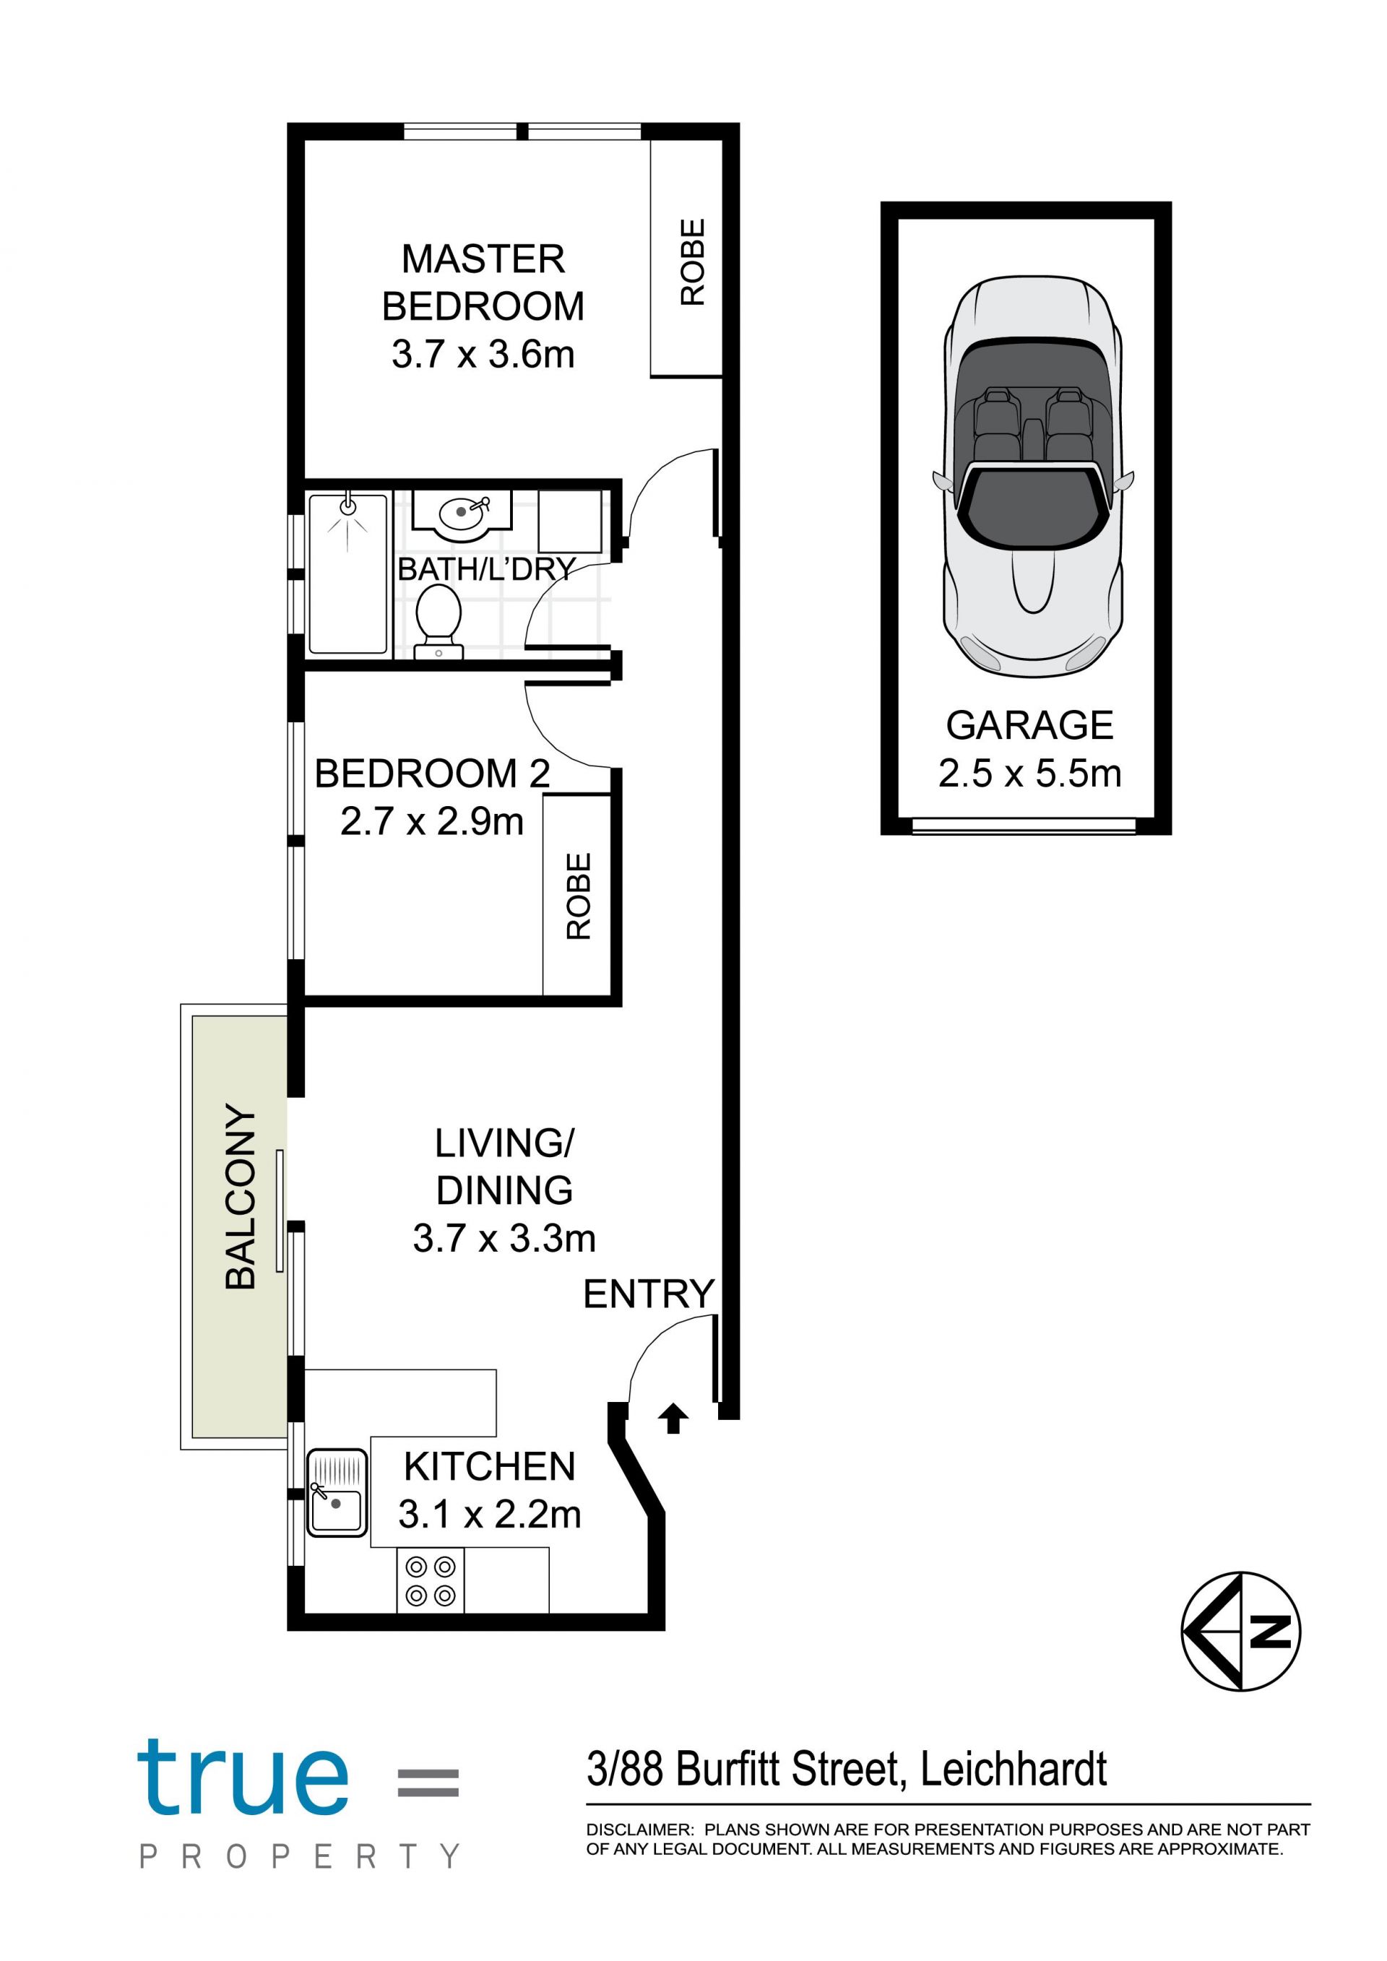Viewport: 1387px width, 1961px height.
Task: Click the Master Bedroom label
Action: pyautogui.click(x=483, y=282)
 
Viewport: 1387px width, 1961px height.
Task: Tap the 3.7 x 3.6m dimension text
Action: pyautogui.click(x=483, y=355)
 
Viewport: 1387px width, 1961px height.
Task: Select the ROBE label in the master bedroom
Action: pyautogui.click(x=693, y=261)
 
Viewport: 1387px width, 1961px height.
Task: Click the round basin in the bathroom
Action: pyautogui.click(x=462, y=512)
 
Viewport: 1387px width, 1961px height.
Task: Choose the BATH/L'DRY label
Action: pyautogui.click(x=487, y=569)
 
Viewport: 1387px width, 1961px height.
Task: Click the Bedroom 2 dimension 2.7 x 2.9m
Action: pyautogui.click(x=432, y=822)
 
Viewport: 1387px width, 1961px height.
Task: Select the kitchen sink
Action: pyautogui.click(x=337, y=1492)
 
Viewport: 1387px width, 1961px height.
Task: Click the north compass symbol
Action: pyautogui.click(x=1241, y=1632)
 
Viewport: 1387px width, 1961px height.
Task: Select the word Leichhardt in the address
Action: pyautogui.click(x=1014, y=1768)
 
